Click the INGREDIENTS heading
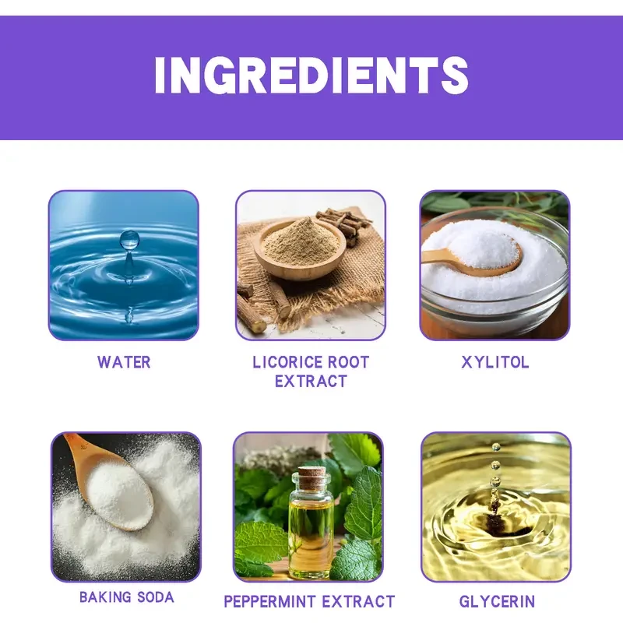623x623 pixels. pyautogui.click(x=311, y=75)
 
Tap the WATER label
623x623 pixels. pyautogui.click(x=124, y=362)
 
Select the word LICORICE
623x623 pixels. pyautogui.click(x=281, y=362)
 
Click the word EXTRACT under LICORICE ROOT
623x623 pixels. pyautogui.click(x=311, y=382)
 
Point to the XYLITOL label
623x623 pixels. pyautogui.click(x=495, y=362)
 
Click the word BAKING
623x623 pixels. pyautogui.click(x=105, y=597)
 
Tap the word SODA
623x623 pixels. pyautogui.click(x=155, y=597)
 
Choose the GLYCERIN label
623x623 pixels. pyautogui.click(x=497, y=601)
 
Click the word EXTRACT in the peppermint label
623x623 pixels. pyautogui.click(x=358, y=601)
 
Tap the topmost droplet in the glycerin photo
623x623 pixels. pyautogui.click(x=496, y=447)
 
